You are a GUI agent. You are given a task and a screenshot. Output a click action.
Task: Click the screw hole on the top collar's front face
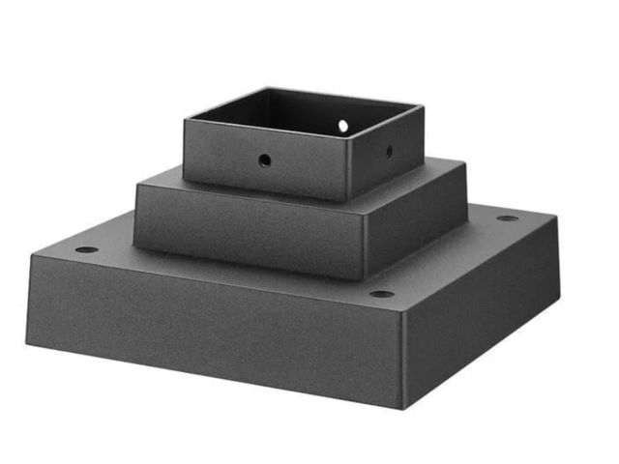(x=265, y=161)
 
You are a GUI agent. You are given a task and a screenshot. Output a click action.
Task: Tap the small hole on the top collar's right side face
(x=389, y=151)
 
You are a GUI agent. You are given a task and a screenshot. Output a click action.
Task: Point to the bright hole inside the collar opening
(x=343, y=126)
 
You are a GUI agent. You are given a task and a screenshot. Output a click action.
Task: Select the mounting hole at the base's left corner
(x=86, y=249)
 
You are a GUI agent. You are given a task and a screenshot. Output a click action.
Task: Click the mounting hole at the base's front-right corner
(x=382, y=294)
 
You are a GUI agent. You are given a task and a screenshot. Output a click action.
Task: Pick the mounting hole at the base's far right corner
(x=507, y=218)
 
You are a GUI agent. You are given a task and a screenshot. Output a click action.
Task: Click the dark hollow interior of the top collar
(x=300, y=116)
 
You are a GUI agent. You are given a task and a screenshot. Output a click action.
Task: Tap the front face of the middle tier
(x=247, y=232)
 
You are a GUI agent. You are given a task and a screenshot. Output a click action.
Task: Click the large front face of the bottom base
(x=213, y=329)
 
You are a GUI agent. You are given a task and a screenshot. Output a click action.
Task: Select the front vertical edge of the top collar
(x=347, y=170)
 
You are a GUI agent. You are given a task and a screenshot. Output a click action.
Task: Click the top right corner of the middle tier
(x=466, y=190)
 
